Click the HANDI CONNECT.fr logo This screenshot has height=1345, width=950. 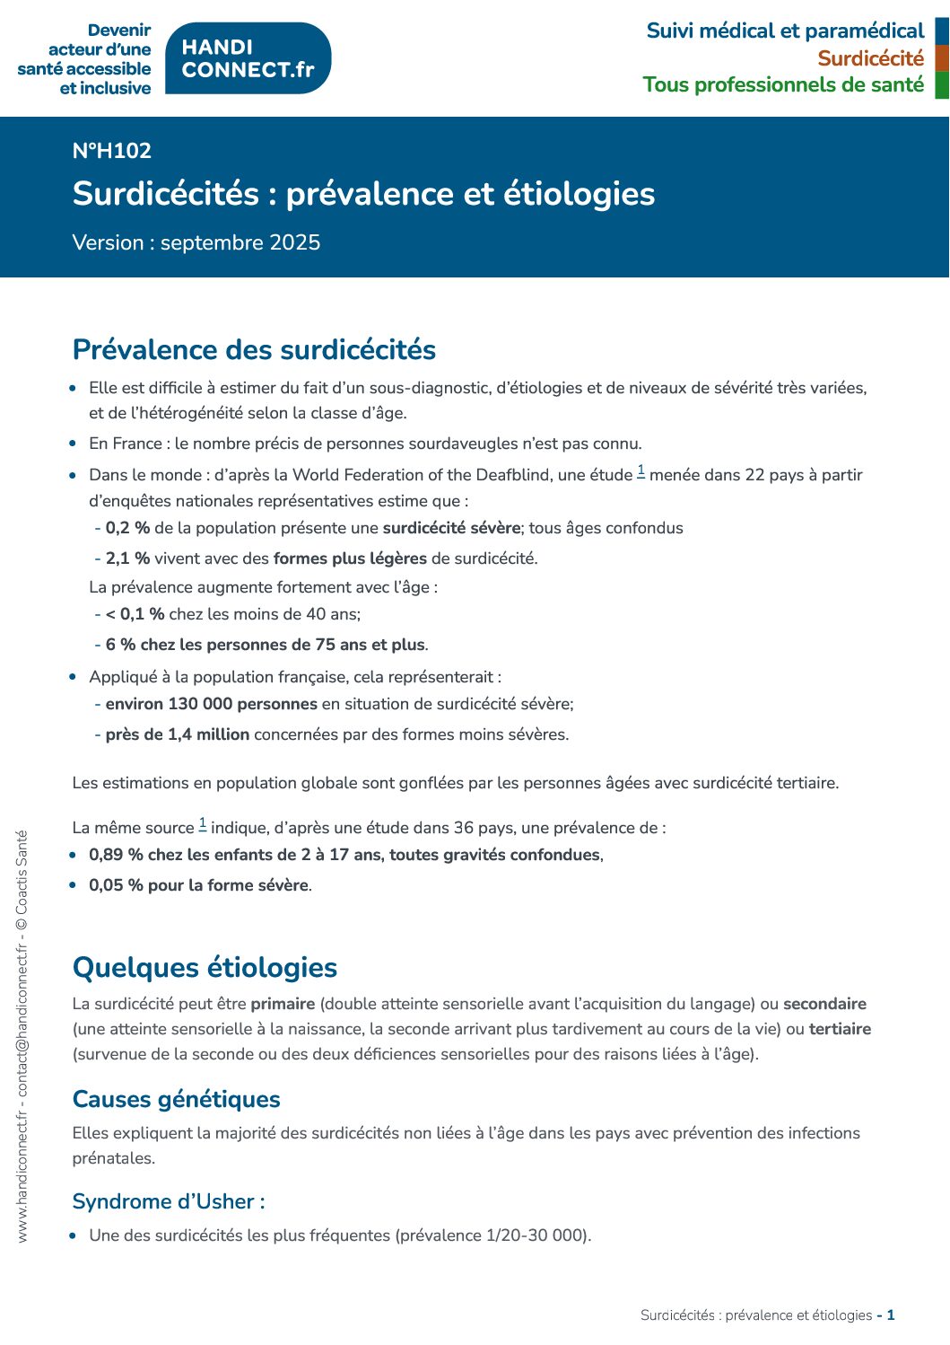point(248,58)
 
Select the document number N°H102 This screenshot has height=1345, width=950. point(112,151)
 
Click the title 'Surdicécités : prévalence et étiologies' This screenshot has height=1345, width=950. point(363,194)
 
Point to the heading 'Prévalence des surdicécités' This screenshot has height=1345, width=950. point(254,349)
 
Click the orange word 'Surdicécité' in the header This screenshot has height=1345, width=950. point(870,58)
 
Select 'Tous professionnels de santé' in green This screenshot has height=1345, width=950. point(783,84)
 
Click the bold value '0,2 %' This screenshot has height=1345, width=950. point(127,528)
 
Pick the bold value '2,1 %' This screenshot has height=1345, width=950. point(127,558)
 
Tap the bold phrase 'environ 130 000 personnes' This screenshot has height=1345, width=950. point(211,704)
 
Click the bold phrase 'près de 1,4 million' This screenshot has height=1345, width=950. point(177,734)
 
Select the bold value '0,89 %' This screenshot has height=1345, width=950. point(116,855)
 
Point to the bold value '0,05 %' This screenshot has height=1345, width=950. point(116,885)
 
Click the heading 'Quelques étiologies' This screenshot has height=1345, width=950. point(205,967)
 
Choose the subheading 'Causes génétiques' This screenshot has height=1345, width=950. point(176,1099)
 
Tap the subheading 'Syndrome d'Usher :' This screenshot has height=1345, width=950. point(169,1201)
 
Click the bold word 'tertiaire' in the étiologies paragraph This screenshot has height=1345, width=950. point(840,1029)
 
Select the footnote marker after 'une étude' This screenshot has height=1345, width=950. point(641,470)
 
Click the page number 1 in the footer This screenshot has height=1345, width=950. point(891,1315)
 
